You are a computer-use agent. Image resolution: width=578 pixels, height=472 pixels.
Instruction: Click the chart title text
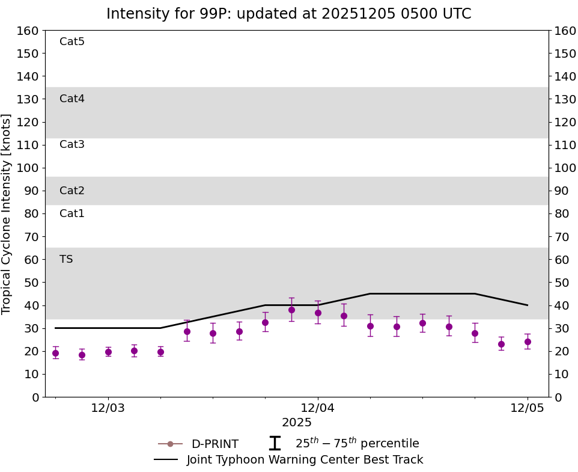pos(288,14)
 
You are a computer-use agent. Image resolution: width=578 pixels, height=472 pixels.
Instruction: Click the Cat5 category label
pos(72,41)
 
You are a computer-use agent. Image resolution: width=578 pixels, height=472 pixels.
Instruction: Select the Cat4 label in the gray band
pos(72,99)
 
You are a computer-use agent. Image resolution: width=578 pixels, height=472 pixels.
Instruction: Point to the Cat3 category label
pos(72,144)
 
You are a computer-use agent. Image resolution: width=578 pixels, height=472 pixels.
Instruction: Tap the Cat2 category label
pos(72,191)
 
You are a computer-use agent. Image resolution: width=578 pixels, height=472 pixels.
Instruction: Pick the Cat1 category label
pos(72,213)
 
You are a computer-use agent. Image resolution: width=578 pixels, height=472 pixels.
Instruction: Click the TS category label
pos(66,259)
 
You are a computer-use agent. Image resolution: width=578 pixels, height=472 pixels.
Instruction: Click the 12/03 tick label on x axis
pos(108,408)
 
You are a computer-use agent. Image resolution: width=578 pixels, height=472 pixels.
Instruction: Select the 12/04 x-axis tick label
pos(318,408)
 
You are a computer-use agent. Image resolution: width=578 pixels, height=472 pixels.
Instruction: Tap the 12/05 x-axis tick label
pos(528,408)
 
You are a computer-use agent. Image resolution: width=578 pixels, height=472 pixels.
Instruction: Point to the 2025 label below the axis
pos(297,423)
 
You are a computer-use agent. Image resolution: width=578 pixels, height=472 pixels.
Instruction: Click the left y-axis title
pos(7,213)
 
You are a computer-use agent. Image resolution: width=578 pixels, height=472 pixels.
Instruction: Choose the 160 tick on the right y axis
pos(565,30)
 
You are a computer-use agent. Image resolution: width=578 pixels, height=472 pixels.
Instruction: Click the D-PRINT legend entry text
pos(214,444)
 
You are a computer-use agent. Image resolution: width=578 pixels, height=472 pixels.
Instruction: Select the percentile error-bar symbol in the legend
pos(275,444)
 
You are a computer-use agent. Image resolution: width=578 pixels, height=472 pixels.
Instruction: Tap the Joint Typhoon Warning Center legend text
pos(305,460)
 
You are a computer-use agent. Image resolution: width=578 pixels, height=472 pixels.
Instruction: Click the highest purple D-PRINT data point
pos(291,310)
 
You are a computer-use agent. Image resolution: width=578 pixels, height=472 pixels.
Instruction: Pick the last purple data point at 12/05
pos(528,342)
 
